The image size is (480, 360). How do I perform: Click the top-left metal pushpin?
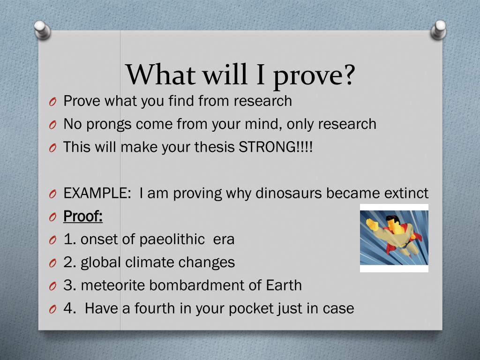coord(42,30)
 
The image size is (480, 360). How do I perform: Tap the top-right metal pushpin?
coord(438,30)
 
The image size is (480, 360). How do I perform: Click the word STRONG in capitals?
coord(268,147)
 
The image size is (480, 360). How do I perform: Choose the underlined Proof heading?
coord(82,216)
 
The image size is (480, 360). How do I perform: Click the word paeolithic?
coord(172,240)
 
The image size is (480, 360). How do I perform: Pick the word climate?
coord(150,262)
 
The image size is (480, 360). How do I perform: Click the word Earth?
coord(284,285)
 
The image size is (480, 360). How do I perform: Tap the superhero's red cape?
coord(398,242)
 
